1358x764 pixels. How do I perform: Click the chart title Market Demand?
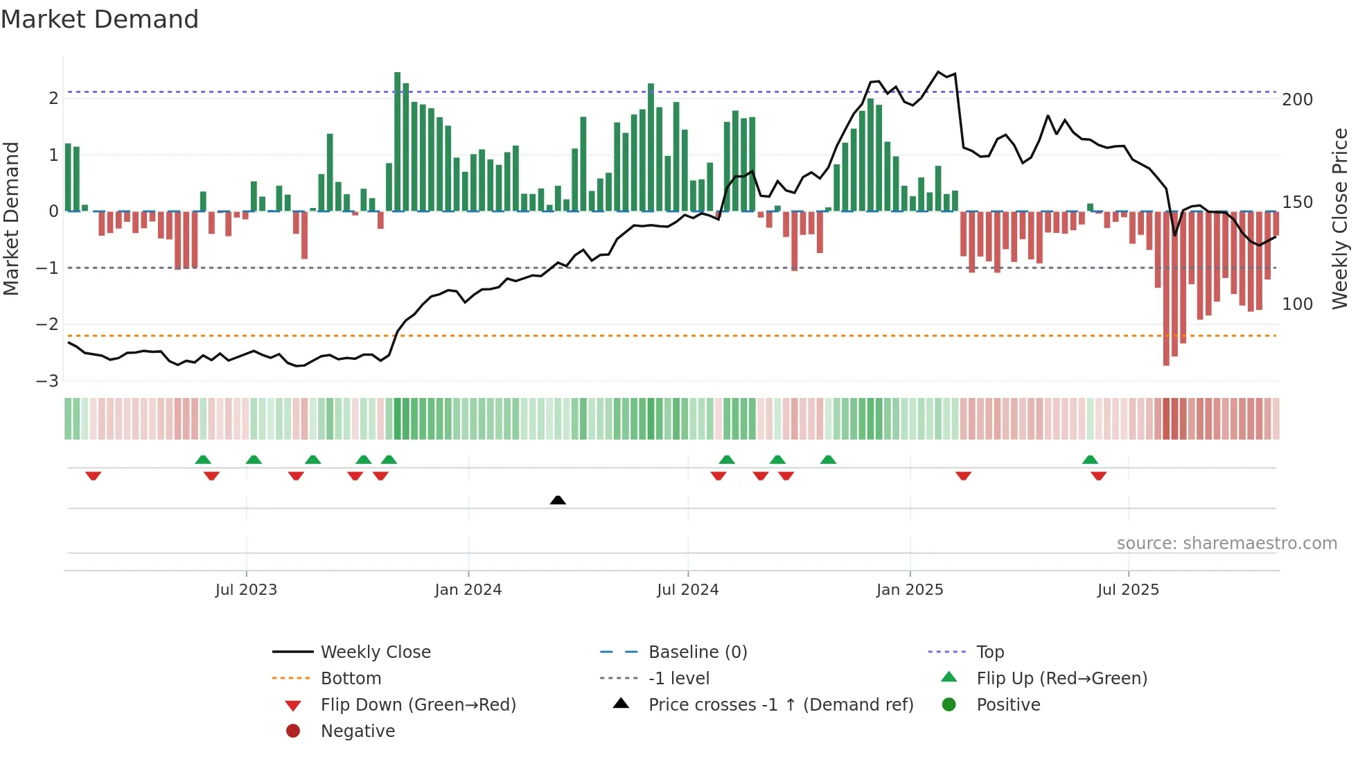point(100,19)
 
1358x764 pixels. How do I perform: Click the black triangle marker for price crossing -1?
point(558,500)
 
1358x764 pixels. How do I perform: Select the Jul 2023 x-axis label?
point(246,590)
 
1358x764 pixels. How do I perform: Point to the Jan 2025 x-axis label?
point(910,590)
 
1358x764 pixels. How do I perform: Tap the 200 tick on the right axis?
point(1297,100)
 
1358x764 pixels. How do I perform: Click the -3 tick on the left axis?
point(48,381)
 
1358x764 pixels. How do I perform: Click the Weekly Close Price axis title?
point(1340,218)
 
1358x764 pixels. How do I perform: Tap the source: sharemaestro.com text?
point(1226,544)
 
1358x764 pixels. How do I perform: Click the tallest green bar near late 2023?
point(397,142)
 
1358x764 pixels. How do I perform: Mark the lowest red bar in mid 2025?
point(1166,288)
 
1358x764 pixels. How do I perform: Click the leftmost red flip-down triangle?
point(93,476)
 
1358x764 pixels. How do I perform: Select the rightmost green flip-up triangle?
point(1090,460)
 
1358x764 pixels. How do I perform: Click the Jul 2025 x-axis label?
point(1128,590)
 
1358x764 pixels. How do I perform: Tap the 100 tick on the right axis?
point(1297,304)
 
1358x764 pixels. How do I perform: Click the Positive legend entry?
point(1007,705)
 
